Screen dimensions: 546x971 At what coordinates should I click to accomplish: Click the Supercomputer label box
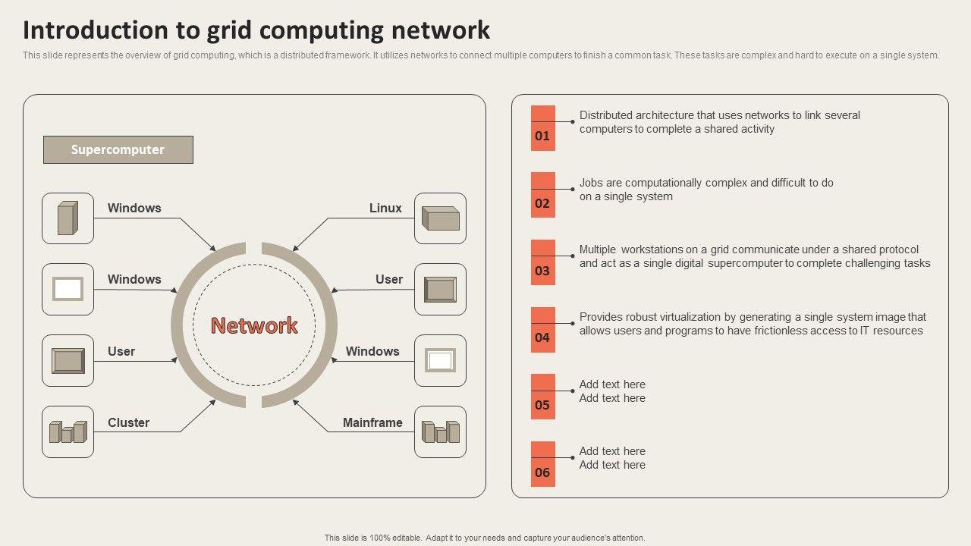coord(118,149)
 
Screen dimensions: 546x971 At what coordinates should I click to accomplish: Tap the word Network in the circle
coord(254,325)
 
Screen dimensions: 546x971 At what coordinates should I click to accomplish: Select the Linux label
coord(385,208)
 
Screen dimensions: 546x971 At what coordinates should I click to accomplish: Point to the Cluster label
coord(128,422)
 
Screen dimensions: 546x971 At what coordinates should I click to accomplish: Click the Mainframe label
coord(372,422)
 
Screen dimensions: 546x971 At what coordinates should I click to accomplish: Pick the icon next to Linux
coord(440,218)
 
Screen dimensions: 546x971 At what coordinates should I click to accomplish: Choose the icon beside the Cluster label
coord(68,431)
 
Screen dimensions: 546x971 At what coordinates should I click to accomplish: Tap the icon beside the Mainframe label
coord(440,431)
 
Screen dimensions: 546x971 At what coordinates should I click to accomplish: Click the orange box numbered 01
coord(542,128)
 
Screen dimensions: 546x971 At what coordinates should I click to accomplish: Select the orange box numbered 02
coord(542,195)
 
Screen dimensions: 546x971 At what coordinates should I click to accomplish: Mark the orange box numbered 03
coord(542,262)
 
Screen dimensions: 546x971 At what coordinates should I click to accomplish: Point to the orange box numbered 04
coord(542,330)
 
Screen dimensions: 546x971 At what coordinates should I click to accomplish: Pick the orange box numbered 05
coord(542,397)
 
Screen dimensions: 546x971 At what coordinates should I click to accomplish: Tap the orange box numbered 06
coord(542,464)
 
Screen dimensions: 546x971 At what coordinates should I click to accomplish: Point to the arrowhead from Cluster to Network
coord(213,402)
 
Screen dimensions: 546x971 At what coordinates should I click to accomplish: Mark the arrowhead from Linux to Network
coord(295,248)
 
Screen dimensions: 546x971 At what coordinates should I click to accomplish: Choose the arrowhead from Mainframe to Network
coord(295,402)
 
